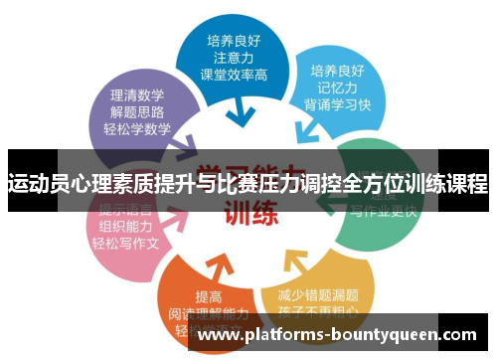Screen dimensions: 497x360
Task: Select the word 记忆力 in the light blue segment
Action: coord(336,89)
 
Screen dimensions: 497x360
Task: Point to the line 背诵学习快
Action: coord(336,106)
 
